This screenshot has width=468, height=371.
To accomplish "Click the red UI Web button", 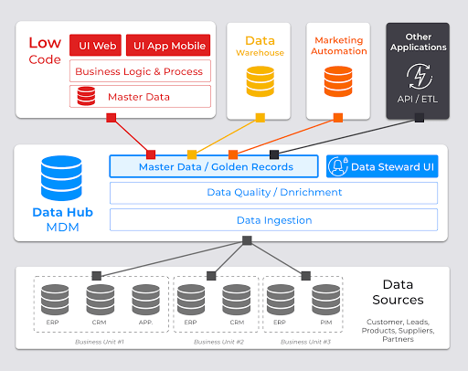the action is pyautogui.click(x=95, y=46).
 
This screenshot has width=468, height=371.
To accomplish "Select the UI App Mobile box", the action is pyautogui.click(x=168, y=46).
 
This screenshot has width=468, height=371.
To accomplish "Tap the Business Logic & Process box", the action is pyautogui.click(x=140, y=71).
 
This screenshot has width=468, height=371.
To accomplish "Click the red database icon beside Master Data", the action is pyautogui.click(x=86, y=96).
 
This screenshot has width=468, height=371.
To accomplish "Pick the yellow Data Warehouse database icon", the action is pyautogui.click(x=261, y=81).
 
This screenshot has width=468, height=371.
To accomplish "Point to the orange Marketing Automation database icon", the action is pyautogui.click(x=338, y=81).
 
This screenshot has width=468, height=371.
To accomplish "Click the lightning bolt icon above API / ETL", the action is pyautogui.click(x=420, y=76).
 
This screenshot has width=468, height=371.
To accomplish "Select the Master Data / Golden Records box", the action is pyautogui.click(x=214, y=166).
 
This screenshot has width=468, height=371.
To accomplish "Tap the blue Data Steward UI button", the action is pyautogui.click(x=382, y=166).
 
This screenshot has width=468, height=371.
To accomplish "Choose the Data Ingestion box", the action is pyautogui.click(x=273, y=220).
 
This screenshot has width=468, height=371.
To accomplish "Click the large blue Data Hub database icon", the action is pyautogui.click(x=61, y=178).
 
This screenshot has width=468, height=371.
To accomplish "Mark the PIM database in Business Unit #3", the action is pyautogui.click(x=326, y=300).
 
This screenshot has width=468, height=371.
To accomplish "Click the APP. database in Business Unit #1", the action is pyautogui.click(x=146, y=300).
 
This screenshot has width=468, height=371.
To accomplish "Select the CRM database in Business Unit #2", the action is pyautogui.click(x=237, y=300).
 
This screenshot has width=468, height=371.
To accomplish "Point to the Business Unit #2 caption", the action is pyautogui.click(x=218, y=342).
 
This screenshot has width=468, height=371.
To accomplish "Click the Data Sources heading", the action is pyautogui.click(x=398, y=292).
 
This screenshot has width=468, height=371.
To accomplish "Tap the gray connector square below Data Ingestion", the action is pyautogui.click(x=247, y=240).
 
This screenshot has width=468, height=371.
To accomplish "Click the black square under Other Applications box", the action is pyautogui.click(x=420, y=118).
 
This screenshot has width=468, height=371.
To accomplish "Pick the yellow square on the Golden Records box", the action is pyautogui.click(x=192, y=154).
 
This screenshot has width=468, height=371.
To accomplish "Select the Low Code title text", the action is pyautogui.click(x=45, y=50).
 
